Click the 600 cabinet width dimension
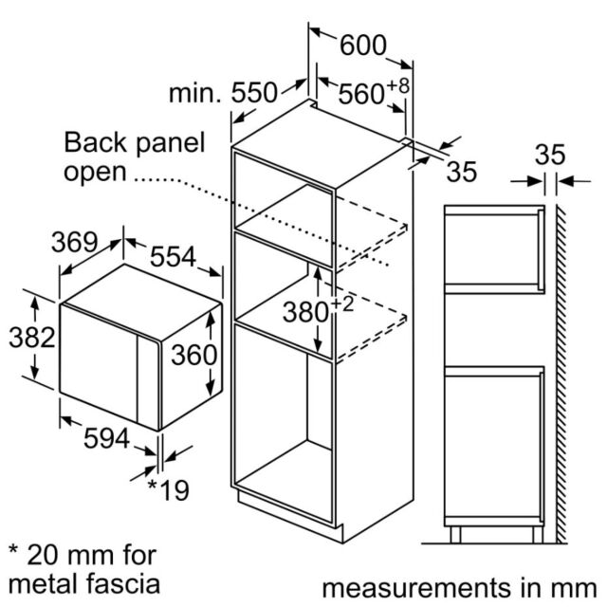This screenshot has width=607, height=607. (x=363, y=46)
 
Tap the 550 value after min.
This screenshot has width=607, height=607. (x=254, y=93)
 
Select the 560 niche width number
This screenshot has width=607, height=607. (x=361, y=94)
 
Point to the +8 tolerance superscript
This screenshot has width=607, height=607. (x=397, y=86)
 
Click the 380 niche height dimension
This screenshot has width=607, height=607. (x=305, y=312)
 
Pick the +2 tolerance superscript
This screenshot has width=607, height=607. (x=342, y=304)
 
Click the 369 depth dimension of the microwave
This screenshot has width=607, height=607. (x=75, y=243)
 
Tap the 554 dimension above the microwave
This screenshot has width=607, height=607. (x=173, y=257)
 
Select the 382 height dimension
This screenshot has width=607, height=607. (x=32, y=338)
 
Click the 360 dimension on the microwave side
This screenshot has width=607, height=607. (x=193, y=355)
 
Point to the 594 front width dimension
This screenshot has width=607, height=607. (x=107, y=438)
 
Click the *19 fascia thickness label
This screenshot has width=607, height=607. (x=169, y=490)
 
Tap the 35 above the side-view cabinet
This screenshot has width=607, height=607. (x=550, y=155)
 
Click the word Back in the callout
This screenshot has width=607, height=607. (x=96, y=142)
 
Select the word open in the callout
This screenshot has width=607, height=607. (x=95, y=173)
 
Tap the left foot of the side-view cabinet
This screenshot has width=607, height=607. (x=455, y=535)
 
